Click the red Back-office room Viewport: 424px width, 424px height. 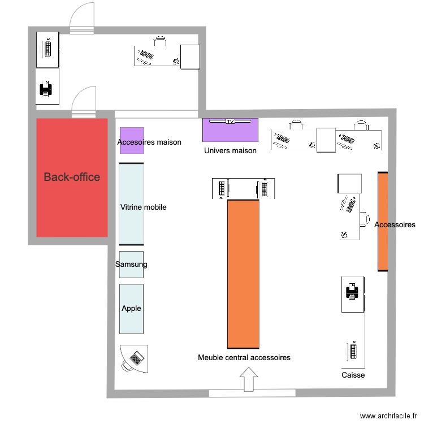tap(72, 178)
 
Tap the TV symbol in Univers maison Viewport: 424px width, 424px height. tap(230, 122)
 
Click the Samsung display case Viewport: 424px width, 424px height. tap(131, 265)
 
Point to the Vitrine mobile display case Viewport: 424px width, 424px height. tap(131, 204)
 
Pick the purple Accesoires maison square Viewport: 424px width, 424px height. tap(132, 140)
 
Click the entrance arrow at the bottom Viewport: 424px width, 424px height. tap(247, 379)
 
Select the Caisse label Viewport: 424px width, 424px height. tap(353, 375)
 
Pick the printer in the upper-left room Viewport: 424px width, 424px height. tap(45, 89)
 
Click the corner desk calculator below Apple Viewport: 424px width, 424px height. tap(136, 358)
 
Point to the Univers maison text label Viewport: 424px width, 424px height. tap(230, 151)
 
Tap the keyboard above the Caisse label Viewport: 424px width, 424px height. tap(353, 351)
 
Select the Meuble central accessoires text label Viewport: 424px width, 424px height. tap(244, 358)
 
